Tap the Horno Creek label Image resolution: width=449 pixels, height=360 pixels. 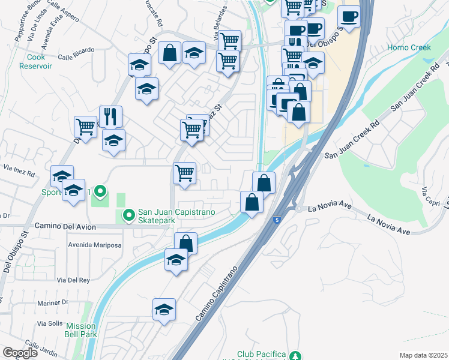(409, 47)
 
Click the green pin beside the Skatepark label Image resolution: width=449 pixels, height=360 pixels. (128, 214)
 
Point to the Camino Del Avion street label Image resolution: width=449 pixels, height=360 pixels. (62, 226)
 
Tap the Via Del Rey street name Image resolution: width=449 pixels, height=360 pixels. (73, 280)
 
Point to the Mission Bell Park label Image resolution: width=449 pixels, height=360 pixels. (82, 330)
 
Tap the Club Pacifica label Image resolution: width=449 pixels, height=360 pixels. (261, 355)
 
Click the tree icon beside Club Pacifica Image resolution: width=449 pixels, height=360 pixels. (295, 355)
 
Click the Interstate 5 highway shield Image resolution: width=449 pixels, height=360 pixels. (276, 221)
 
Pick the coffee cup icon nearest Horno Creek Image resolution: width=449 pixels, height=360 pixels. (348, 17)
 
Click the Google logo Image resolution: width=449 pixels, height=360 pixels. (20, 353)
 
